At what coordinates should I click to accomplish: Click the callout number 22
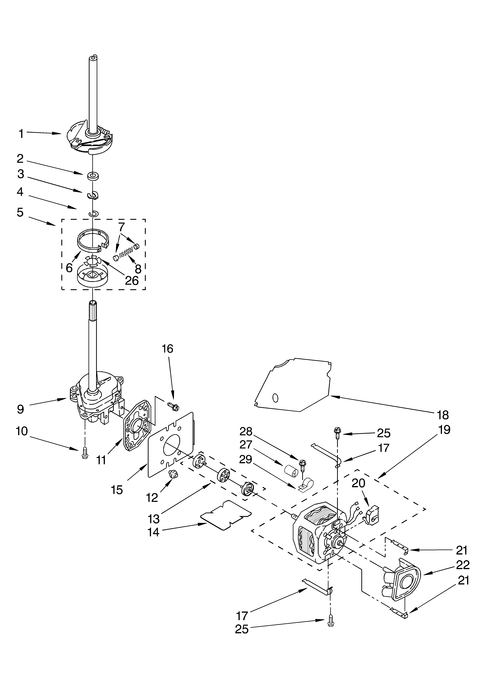(x=463, y=565)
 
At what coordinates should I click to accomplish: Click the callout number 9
(x=20, y=409)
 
